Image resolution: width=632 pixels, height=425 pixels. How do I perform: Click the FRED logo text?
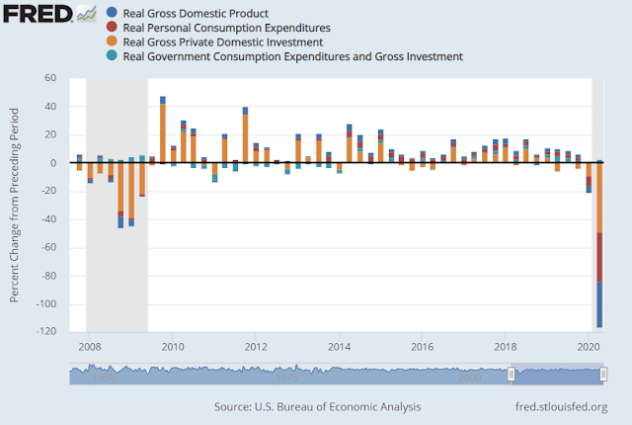[x=37, y=14]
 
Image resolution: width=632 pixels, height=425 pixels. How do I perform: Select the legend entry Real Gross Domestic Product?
[x=203, y=12]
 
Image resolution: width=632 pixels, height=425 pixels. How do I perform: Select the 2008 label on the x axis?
[x=89, y=347]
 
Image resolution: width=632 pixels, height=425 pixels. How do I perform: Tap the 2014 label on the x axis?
[x=339, y=347]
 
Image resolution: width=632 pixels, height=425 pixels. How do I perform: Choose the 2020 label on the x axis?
[x=590, y=347]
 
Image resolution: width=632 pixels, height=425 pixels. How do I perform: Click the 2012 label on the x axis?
[x=256, y=347]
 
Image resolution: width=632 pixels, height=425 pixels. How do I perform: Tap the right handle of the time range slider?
[x=603, y=375]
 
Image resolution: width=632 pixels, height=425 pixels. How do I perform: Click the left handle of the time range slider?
[x=511, y=375]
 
